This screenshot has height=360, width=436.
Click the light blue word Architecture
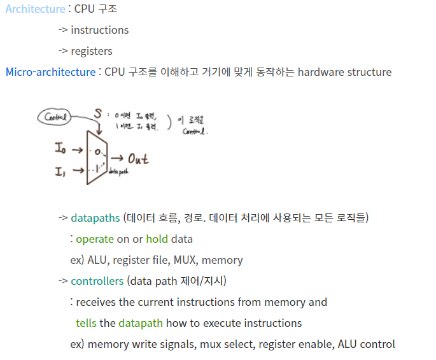(x=35, y=9)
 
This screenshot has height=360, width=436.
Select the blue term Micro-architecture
(x=50, y=72)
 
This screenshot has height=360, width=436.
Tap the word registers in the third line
(x=92, y=51)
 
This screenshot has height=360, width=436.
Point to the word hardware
(x=321, y=72)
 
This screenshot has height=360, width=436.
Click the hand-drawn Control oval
(x=55, y=117)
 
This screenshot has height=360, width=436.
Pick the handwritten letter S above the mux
(x=98, y=113)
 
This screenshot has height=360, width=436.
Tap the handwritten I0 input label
(x=61, y=149)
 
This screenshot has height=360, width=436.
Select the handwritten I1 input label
(x=61, y=171)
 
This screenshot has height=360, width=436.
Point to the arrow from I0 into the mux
(x=78, y=150)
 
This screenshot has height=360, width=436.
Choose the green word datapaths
(x=95, y=218)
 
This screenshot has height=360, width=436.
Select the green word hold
(x=157, y=239)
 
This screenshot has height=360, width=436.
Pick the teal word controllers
(x=97, y=281)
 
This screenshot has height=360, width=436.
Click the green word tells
(x=86, y=323)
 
